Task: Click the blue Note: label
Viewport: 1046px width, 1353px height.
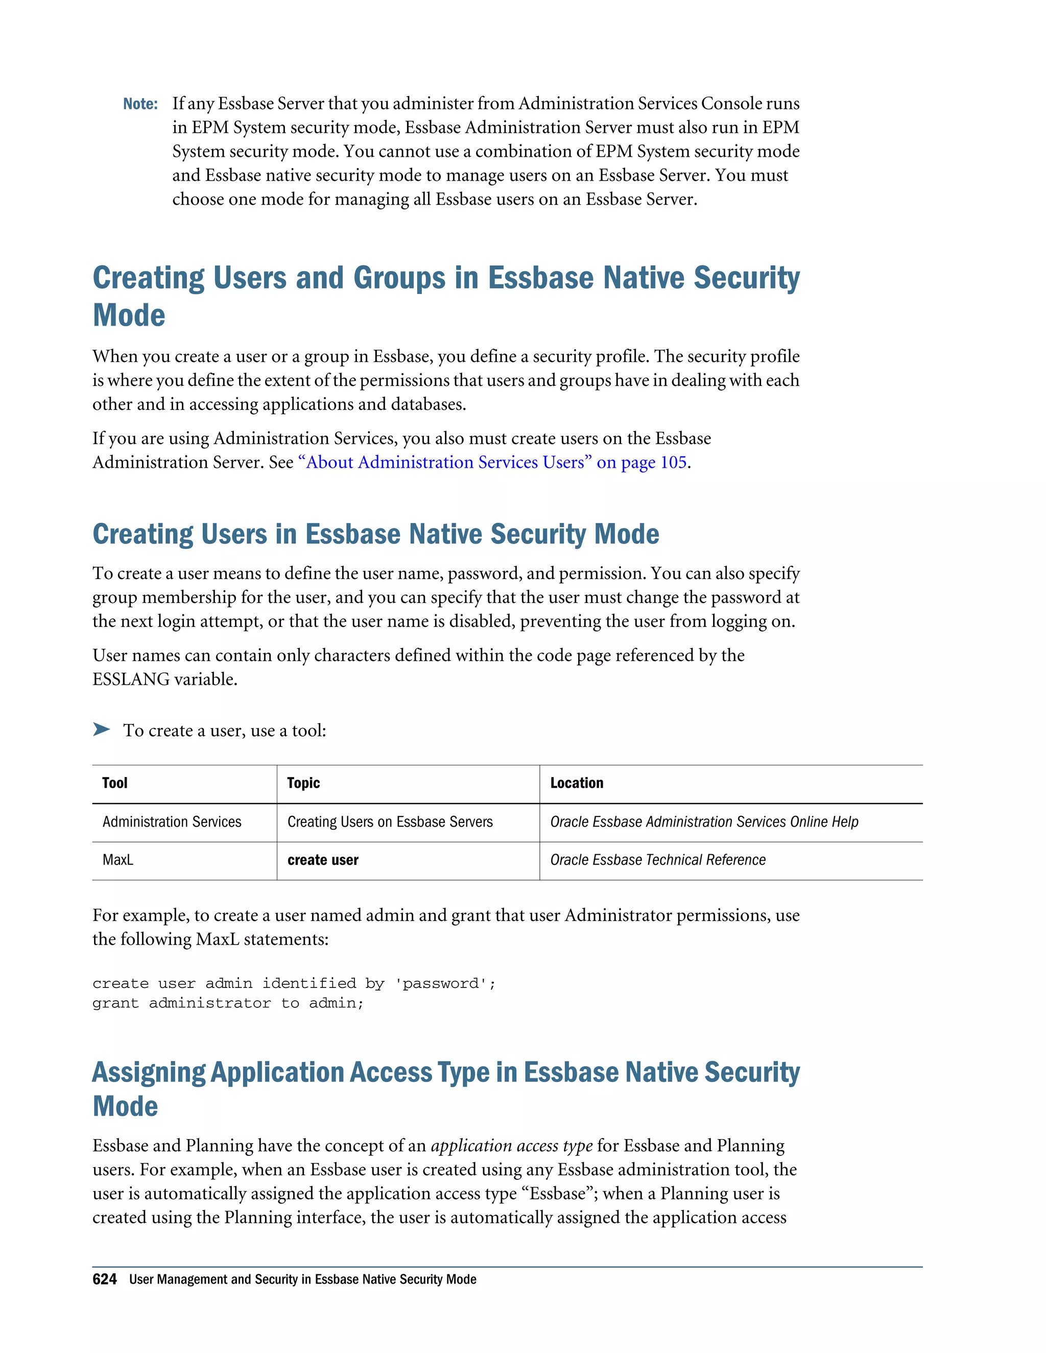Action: pos(140,104)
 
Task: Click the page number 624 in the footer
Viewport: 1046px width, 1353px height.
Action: pos(104,1279)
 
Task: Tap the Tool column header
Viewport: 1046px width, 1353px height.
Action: pos(114,783)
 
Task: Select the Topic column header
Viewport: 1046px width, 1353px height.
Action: pos(303,783)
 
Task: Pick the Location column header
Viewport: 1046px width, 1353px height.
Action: pos(576,783)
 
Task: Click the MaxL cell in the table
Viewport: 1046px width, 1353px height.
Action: pos(118,860)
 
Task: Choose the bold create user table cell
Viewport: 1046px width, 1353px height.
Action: pos(323,860)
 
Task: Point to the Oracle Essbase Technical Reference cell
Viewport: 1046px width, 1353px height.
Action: pos(657,860)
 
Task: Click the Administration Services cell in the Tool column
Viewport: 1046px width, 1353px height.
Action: pos(172,822)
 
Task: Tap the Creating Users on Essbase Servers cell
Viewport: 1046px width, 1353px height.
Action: pos(390,822)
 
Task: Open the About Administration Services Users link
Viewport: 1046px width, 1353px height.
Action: pos(492,462)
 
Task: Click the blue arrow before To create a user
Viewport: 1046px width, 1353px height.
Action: pos(101,729)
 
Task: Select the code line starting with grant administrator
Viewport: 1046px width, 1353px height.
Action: pos(227,1003)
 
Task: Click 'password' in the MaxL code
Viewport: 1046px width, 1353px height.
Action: pos(445,983)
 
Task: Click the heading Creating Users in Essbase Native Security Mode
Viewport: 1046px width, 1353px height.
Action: pos(375,534)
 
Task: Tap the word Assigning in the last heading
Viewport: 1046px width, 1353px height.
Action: pos(149,1072)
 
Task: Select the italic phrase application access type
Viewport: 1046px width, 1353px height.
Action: pos(512,1146)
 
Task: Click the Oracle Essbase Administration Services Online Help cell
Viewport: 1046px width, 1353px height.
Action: pos(704,822)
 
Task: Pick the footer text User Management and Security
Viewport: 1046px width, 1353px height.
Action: pos(302,1279)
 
